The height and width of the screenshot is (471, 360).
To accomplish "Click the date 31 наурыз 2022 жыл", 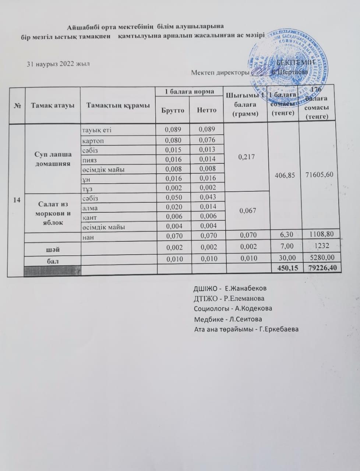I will [58, 64].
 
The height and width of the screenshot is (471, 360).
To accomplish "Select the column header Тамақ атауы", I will [53, 105].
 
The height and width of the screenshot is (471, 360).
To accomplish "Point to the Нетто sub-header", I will [206, 110].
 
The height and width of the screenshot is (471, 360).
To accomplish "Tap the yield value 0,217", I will [246, 157].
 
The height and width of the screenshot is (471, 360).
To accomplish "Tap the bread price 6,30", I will [283, 236].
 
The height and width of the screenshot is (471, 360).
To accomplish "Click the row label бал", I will [53, 260].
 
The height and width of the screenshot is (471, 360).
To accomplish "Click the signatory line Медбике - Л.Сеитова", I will [228, 319].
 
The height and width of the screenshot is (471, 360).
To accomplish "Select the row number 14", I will [17, 199].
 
